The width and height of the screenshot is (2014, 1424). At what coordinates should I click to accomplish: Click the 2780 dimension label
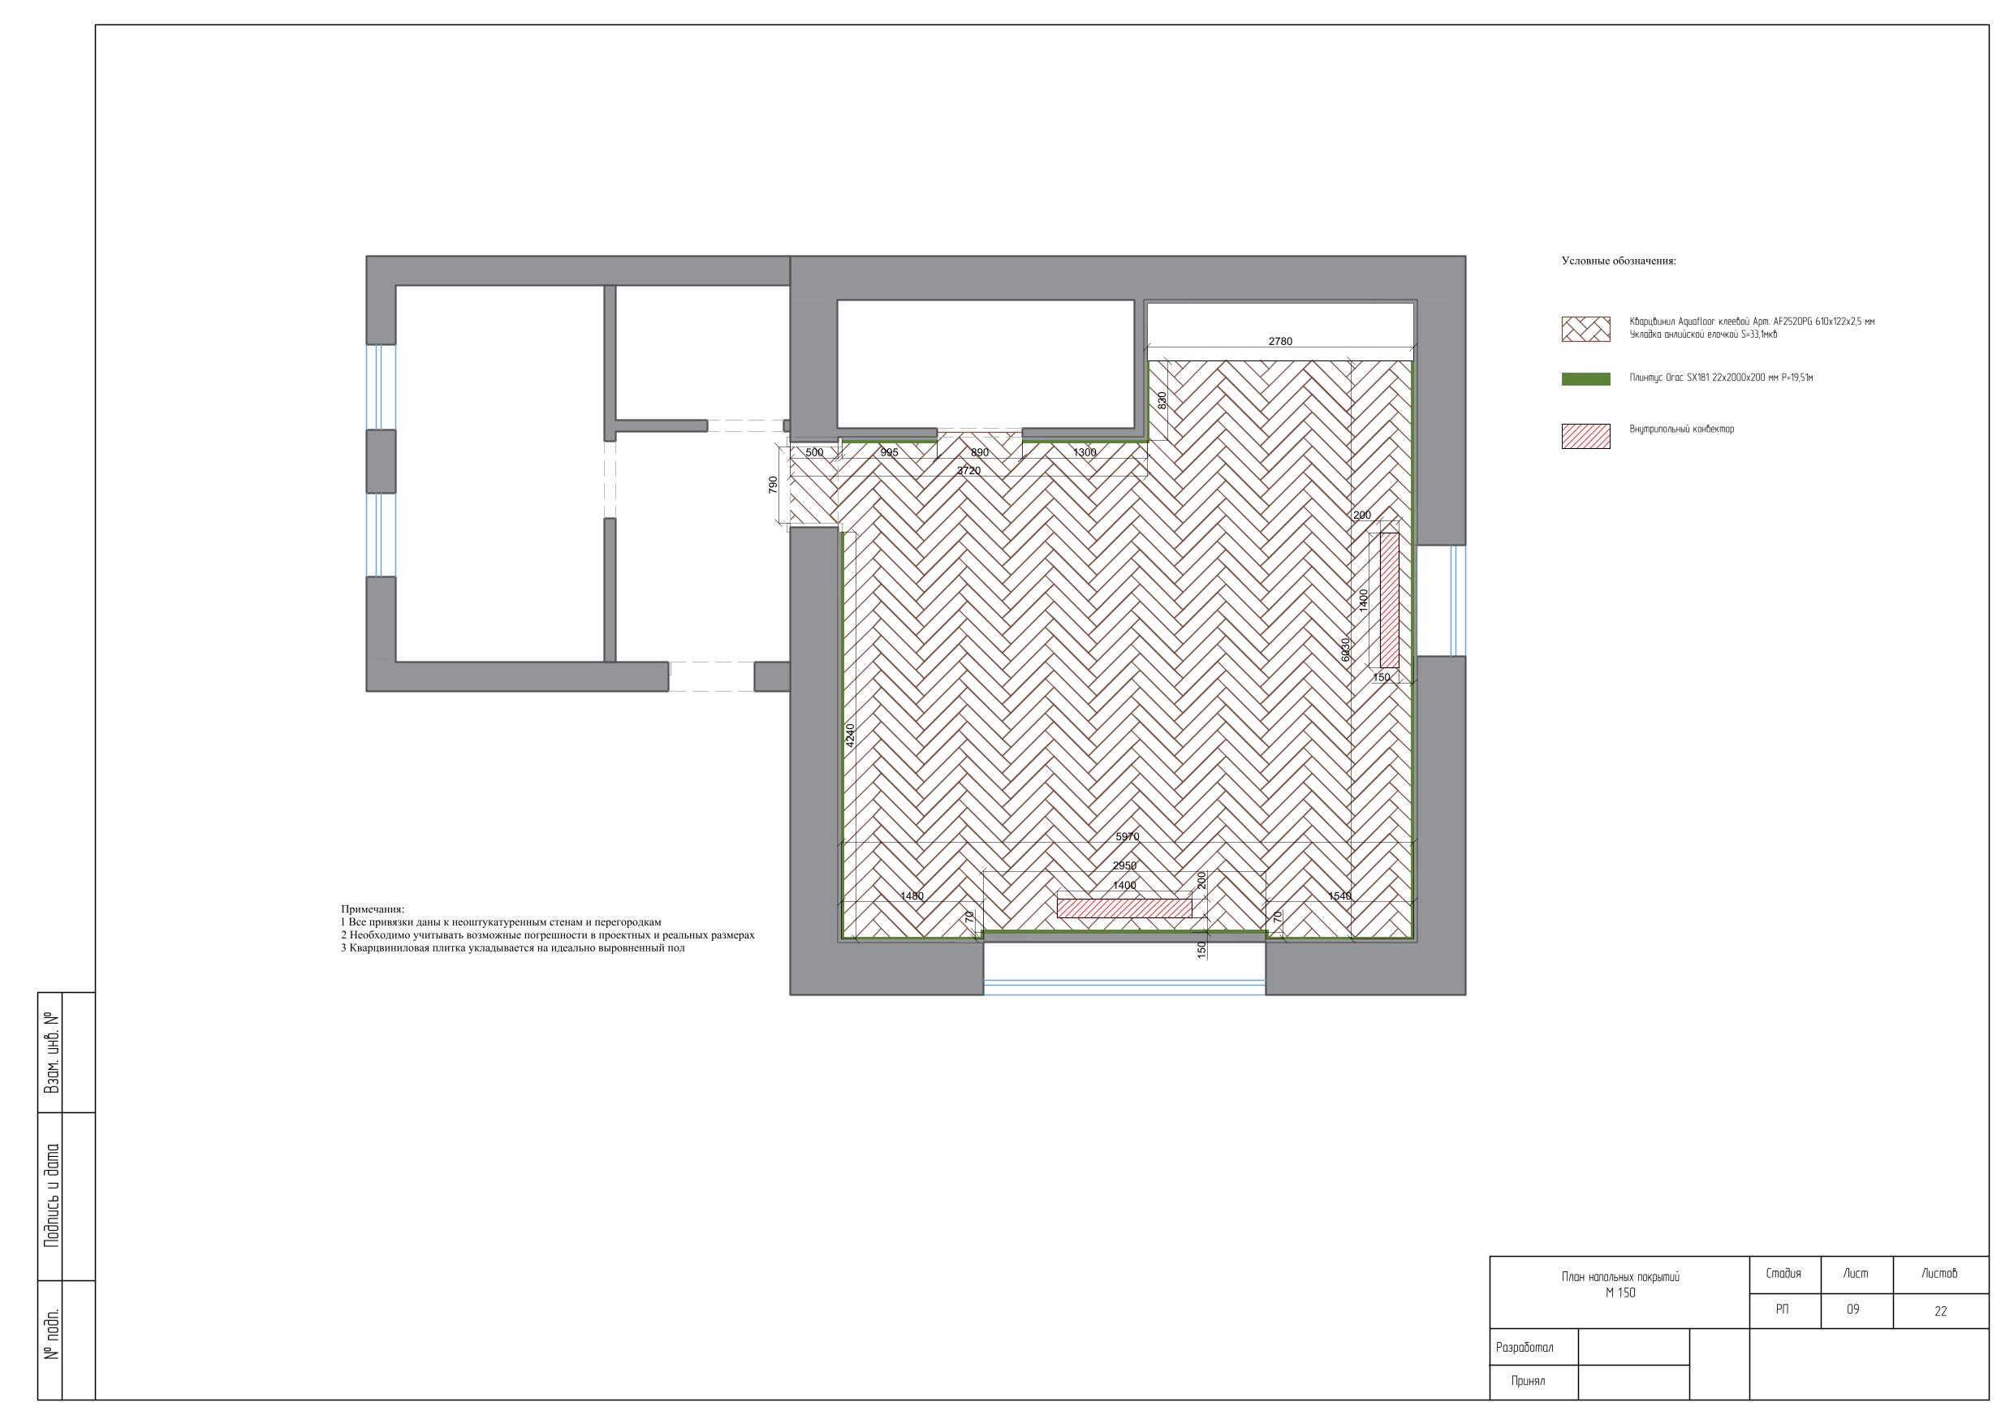pyautogui.click(x=1280, y=341)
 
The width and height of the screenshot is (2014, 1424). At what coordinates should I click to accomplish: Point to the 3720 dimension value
pyautogui.click(x=968, y=470)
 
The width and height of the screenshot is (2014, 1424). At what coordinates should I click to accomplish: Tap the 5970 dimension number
pyautogui.click(x=1128, y=837)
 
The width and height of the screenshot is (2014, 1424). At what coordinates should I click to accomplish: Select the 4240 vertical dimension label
pyautogui.click(x=849, y=736)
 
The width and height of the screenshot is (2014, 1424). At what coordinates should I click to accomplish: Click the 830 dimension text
pyautogui.click(x=1162, y=401)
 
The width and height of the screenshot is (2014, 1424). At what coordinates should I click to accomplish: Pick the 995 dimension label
pyautogui.click(x=889, y=453)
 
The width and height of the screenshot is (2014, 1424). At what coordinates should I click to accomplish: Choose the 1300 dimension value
pyautogui.click(x=1085, y=453)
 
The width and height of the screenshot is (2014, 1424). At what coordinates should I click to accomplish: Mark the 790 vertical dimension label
pyautogui.click(x=773, y=485)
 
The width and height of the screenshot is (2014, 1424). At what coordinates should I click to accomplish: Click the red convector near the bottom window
pyautogui.click(x=1124, y=908)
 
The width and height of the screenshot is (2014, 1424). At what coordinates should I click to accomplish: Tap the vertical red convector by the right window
pyautogui.click(x=1389, y=600)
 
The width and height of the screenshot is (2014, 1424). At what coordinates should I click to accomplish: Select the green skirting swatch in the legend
pyautogui.click(x=1586, y=379)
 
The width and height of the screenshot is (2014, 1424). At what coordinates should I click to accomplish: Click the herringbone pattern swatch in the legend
pyautogui.click(x=1586, y=329)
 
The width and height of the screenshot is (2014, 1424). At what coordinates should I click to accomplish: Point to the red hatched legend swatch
pyautogui.click(x=1586, y=436)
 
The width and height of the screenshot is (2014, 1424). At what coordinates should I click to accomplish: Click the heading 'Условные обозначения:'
pyautogui.click(x=1619, y=261)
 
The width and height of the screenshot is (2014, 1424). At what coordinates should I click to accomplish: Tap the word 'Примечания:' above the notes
pyautogui.click(x=373, y=909)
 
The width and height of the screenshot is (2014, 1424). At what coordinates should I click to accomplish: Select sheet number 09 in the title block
pyautogui.click(x=1852, y=1309)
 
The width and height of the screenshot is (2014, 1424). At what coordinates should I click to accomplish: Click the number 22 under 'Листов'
pyautogui.click(x=1940, y=1312)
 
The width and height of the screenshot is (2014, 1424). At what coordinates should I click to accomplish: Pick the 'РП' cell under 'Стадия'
pyautogui.click(x=1783, y=1309)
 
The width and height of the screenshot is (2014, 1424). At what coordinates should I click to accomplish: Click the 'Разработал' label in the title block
pyautogui.click(x=1525, y=1347)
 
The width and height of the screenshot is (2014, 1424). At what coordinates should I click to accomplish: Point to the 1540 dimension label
pyautogui.click(x=1339, y=895)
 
